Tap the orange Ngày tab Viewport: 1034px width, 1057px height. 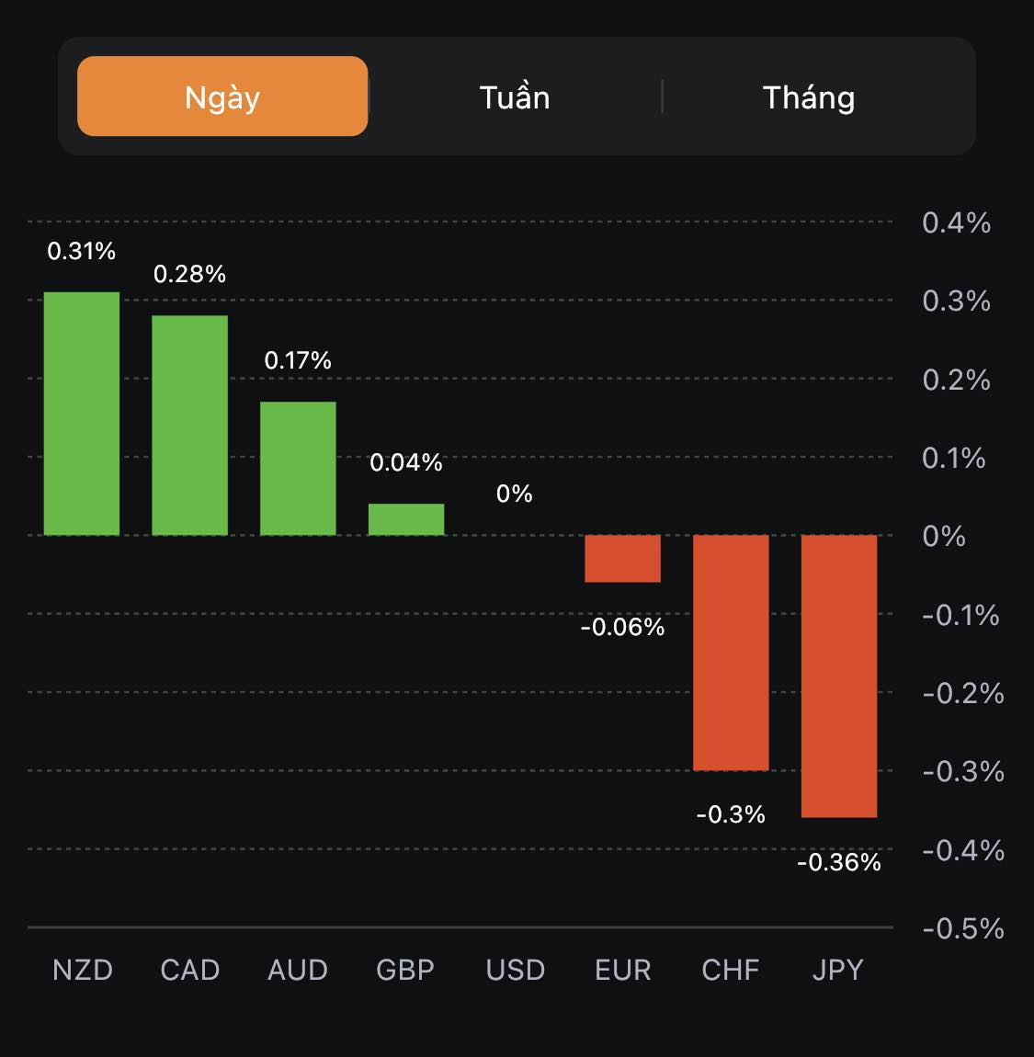(222, 97)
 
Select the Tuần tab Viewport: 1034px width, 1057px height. (515, 97)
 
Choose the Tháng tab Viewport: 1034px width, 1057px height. (809, 97)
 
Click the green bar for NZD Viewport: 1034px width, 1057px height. (82, 414)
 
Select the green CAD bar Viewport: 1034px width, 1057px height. (189, 425)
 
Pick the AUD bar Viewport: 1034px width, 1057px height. (298, 468)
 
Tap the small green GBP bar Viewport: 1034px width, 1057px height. (406, 519)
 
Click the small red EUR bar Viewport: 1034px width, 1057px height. (622, 558)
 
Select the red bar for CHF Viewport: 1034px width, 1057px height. (731, 652)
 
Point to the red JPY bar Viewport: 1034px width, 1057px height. (839, 676)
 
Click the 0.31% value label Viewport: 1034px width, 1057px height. (82, 251)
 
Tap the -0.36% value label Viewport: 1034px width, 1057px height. (839, 862)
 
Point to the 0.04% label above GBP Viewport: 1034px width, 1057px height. (406, 462)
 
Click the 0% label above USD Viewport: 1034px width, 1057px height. (515, 494)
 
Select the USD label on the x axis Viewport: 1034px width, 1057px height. (515, 970)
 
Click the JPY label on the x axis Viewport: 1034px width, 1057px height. (838, 970)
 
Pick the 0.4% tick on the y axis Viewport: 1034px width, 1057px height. (956, 222)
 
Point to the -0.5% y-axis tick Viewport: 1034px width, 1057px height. (962, 928)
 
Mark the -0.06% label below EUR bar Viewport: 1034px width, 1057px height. (622, 627)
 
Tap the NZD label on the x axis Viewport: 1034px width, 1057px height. (83, 970)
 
